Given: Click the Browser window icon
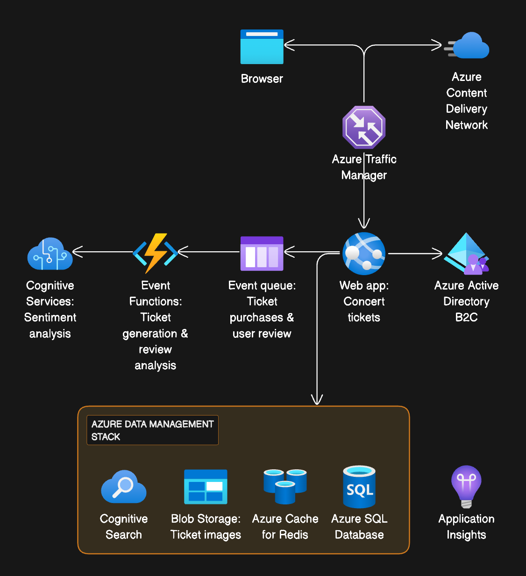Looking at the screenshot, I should [262, 47].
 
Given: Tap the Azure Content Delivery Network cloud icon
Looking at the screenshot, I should [469, 46].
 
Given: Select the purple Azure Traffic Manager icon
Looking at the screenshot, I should [364, 127].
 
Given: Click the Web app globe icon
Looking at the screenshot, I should [364, 254].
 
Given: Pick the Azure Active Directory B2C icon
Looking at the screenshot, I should [467, 254].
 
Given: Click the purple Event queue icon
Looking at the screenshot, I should [262, 254].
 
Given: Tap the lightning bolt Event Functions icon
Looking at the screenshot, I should [156, 253].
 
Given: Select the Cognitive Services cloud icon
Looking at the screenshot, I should [50, 254].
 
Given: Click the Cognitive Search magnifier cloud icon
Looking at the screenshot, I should [124, 487].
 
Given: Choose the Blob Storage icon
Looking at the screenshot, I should [206, 487].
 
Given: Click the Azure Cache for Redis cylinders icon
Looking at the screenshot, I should [285, 487].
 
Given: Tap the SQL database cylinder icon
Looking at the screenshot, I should [359, 487].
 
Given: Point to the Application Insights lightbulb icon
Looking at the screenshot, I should [466, 487].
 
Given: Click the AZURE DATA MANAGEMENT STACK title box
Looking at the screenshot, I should [152, 430].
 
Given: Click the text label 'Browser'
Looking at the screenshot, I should [262, 79].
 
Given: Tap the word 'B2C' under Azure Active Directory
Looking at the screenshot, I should [466, 317].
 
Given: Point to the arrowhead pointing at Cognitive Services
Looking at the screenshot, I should [78, 252].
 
